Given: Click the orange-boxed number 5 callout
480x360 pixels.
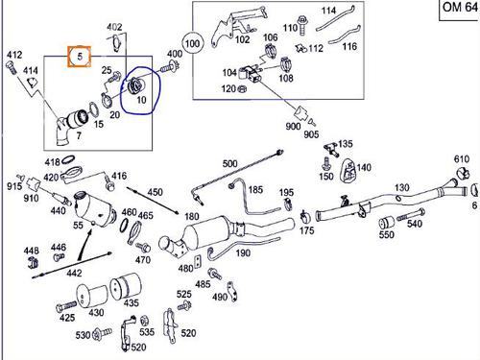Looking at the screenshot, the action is point(80,57).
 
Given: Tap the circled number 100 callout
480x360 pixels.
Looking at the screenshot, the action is point(192,43).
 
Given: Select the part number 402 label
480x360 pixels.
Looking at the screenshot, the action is point(114,27).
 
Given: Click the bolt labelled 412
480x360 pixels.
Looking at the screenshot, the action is point(10,68).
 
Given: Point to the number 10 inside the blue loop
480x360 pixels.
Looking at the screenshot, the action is point(141,100).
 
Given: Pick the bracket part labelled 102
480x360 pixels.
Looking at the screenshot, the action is point(238,25).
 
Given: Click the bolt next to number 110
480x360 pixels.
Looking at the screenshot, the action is point(301,25).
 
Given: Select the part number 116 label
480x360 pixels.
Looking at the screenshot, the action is point(349,47).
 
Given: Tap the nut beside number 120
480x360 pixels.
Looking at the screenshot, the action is point(242,88).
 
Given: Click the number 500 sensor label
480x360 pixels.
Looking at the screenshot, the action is point(229,163).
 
